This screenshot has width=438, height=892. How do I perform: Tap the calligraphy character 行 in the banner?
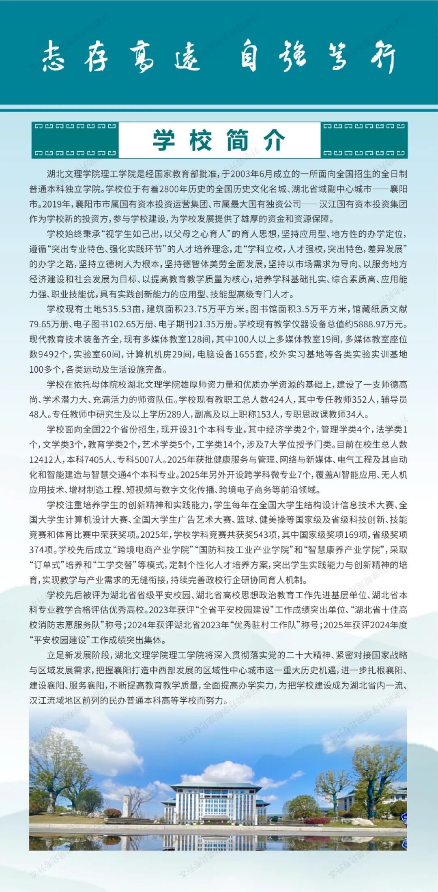[383, 56]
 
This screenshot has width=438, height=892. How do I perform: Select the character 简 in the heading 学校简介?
[237, 140]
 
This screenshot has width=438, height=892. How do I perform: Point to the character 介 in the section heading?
[274, 140]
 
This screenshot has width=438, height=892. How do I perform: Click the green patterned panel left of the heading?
[75, 140]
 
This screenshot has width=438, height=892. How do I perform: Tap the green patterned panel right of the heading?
[364, 140]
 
